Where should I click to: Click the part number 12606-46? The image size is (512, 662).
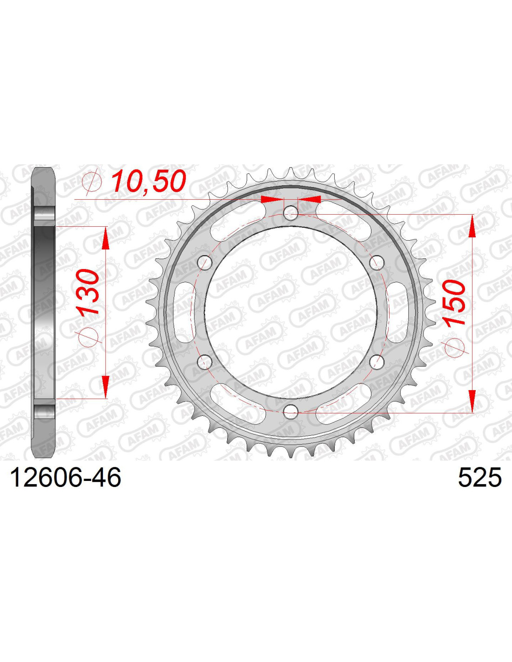[x=66, y=478]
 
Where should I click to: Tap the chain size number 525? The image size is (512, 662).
[x=479, y=478]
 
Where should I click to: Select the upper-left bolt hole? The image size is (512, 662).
[x=204, y=262]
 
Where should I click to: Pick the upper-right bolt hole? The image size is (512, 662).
[x=377, y=262]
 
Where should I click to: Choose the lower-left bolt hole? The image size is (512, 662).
[x=204, y=361]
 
